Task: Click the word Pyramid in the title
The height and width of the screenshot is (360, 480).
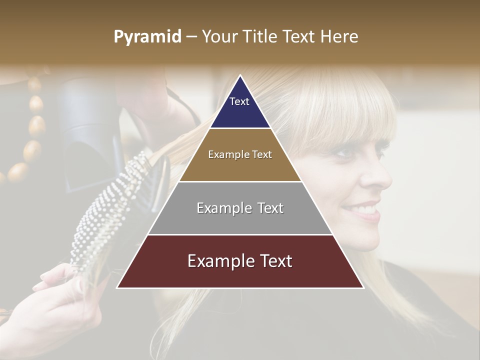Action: pyautogui.click(x=147, y=37)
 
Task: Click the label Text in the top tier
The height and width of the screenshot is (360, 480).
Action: pyautogui.click(x=239, y=101)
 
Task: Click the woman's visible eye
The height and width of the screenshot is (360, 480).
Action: pyautogui.click(x=347, y=151)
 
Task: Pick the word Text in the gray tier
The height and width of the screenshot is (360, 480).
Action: pyautogui.click(x=268, y=208)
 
